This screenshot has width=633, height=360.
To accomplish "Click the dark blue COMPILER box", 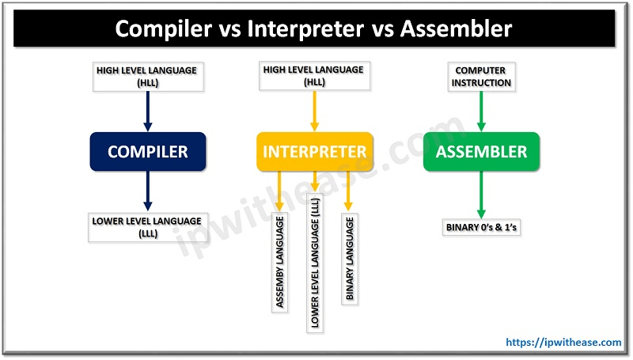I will pyautogui.click(x=147, y=151).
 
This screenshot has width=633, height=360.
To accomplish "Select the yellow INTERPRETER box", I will pyautogui.click(x=315, y=151).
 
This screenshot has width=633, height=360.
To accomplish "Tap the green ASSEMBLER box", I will pyautogui.click(x=481, y=151).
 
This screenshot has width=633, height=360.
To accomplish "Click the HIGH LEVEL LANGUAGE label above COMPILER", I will pyautogui.click(x=146, y=76).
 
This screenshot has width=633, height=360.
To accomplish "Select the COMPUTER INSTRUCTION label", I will pyautogui.click(x=481, y=76).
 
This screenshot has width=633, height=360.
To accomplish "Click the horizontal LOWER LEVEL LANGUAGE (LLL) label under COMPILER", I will pyautogui.click(x=146, y=226).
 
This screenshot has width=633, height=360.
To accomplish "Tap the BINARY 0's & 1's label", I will pyautogui.click(x=481, y=229).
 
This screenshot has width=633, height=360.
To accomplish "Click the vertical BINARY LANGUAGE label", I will pyautogui.click(x=350, y=259).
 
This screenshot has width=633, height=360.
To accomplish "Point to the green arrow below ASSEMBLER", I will pyautogui.click(x=481, y=194).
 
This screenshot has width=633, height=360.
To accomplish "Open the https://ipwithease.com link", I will pyautogui.click(x=563, y=343).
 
